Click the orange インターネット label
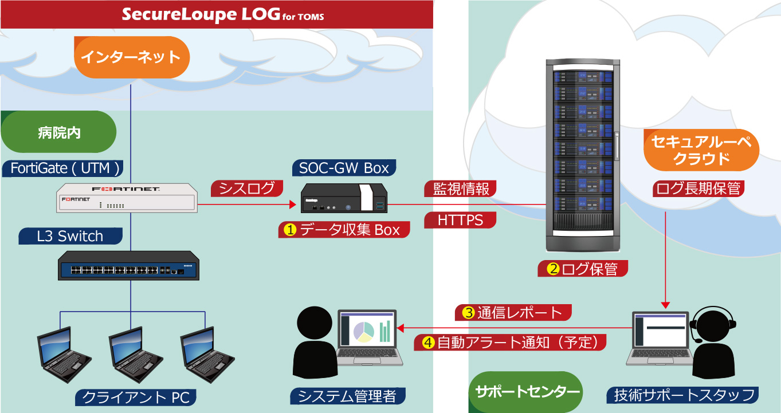click(131, 57)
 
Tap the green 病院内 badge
click(59, 132)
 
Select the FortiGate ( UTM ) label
click(65, 168)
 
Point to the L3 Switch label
click(69, 236)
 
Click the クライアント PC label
click(136, 396)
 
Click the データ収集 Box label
click(344, 230)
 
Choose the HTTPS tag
click(460, 220)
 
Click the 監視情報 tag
click(460, 188)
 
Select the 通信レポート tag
click(513, 313)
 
